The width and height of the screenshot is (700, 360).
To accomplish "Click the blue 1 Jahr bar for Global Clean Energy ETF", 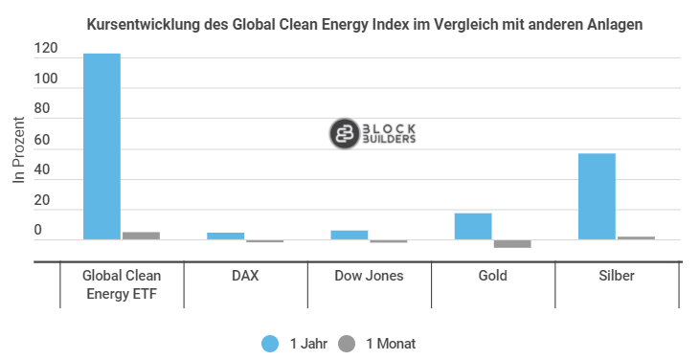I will pyautogui.click(x=102, y=146).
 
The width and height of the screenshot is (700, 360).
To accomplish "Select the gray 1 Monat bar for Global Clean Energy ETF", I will pyautogui.click(x=141, y=236).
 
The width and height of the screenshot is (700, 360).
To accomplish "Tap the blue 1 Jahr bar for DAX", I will pyautogui.click(x=226, y=236).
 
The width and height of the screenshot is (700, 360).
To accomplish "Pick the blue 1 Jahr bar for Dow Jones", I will pyautogui.click(x=350, y=235).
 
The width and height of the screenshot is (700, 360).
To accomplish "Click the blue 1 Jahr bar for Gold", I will pyautogui.click(x=473, y=226).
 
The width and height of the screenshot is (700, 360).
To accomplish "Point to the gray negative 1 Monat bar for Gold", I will pyautogui.click(x=512, y=244).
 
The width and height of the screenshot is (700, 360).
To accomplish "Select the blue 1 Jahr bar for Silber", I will pyautogui.click(x=597, y=196).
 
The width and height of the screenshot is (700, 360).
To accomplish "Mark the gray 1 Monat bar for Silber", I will pyautogui.click(x=636, y=237).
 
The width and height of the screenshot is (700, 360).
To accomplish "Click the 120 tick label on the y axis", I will pyautogui.click(x=46, y=49).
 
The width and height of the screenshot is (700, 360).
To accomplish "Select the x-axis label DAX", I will pyautogui.click(x=245, y=276).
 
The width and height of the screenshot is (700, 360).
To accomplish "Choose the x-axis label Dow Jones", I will pyautogui.click(x=369, y=276).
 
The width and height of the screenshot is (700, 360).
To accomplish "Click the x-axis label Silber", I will pyautogui.click(x=617, y=276).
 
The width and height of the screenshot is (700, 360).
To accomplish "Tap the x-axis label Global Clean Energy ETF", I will pyautogui.click(x=122, y=284).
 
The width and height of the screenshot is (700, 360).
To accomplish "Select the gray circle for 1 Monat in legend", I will pyautogui.click(x=348, y=343).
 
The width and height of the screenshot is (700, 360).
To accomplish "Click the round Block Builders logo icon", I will pyautogui.click(x=344, y=135).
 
